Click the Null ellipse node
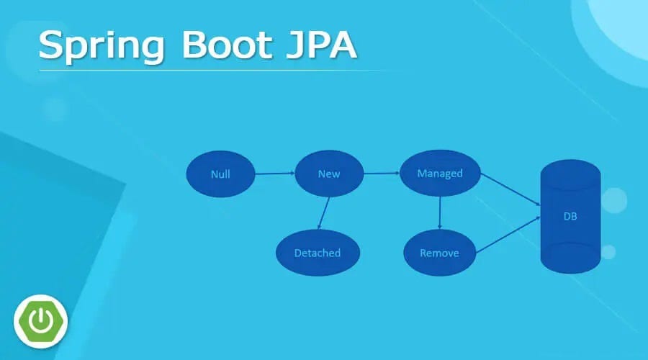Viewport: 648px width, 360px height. pyautogui.click(x=220, y=174)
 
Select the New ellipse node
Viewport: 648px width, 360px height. pyautogui.click(x=328, y=174)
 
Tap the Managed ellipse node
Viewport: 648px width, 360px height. pyautogui.click(x=440, y=174)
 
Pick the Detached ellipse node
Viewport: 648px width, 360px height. pyautogui.click(x=318, y=253)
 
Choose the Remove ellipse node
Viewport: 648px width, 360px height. pyautogui.click(x=439, y=253)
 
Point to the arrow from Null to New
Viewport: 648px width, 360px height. pyautogui.click(x=274, y=174)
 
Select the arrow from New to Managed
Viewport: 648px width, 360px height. pyautogui.click(x=381, y=174)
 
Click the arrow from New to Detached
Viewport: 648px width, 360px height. pyautogui.click(x=323, y=213)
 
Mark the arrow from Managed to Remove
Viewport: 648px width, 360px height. pyautogui.click(x=440, y=213)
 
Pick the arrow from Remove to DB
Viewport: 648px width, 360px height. pyautogui.click(x=510, y=234)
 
